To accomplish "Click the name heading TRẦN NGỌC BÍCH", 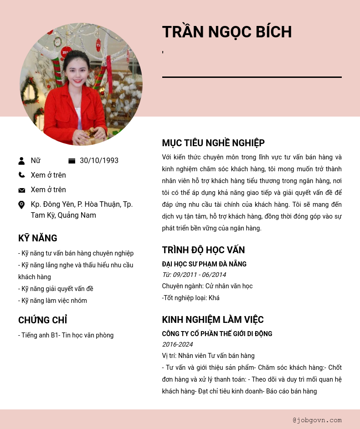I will tap(227, 32).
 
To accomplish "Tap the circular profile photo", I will tap(81, 84).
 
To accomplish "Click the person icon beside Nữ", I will tap(21, 161).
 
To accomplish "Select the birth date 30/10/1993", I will tap(99, 161).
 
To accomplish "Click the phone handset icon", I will tap(21, 175).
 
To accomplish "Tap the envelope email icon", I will tap(21, 190).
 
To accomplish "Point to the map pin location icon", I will tap(21, 205).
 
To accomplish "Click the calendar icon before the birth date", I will tap(72, 161).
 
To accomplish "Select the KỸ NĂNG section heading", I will tap(38, 238).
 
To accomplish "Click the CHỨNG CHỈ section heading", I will tap(43, 320).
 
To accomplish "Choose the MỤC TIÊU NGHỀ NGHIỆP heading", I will tap(213, 143).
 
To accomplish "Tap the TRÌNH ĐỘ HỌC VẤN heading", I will tap(203, 250).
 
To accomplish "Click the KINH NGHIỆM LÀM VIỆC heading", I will tap(213, 320).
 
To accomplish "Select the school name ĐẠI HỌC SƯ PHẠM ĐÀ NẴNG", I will tap(204, 264).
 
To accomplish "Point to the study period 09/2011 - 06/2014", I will tap(194, 275).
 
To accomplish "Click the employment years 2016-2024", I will tap(177, 344).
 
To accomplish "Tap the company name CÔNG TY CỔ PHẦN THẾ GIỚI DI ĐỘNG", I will tap(217, 334).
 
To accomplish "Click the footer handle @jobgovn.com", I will tap(317, 420).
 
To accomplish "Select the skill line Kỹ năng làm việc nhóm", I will tap(52, 301).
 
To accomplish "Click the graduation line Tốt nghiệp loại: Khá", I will tap(191, 298).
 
